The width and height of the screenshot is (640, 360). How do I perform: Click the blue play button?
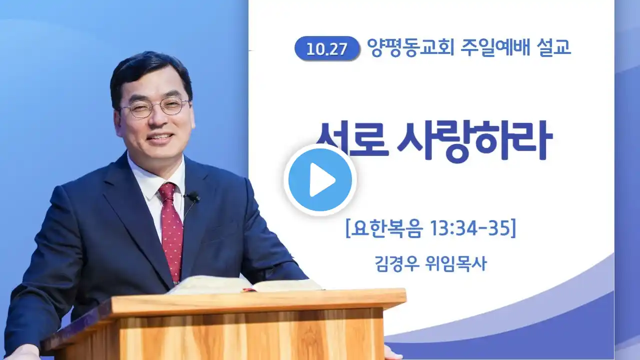[x=320, y=180]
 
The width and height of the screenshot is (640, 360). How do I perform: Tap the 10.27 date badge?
[x=327, y=48]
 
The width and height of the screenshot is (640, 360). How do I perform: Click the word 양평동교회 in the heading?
[x=410, y=47]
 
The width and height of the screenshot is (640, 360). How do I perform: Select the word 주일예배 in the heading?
[x=495, y=47]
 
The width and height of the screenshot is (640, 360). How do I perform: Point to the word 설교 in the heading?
[x=553, y=46]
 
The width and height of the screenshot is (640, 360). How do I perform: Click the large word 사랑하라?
[x=474, y=141]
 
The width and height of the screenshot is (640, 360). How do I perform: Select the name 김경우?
[x=397, y=263]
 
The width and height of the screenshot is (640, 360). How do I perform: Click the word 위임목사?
[x=456, y=263]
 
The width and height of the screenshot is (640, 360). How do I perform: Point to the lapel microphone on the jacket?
[x=193, y=197]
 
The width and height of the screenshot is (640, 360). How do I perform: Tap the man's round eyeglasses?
[x=155, y=107]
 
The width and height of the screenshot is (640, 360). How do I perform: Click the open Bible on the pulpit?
[x=245, y=284]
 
